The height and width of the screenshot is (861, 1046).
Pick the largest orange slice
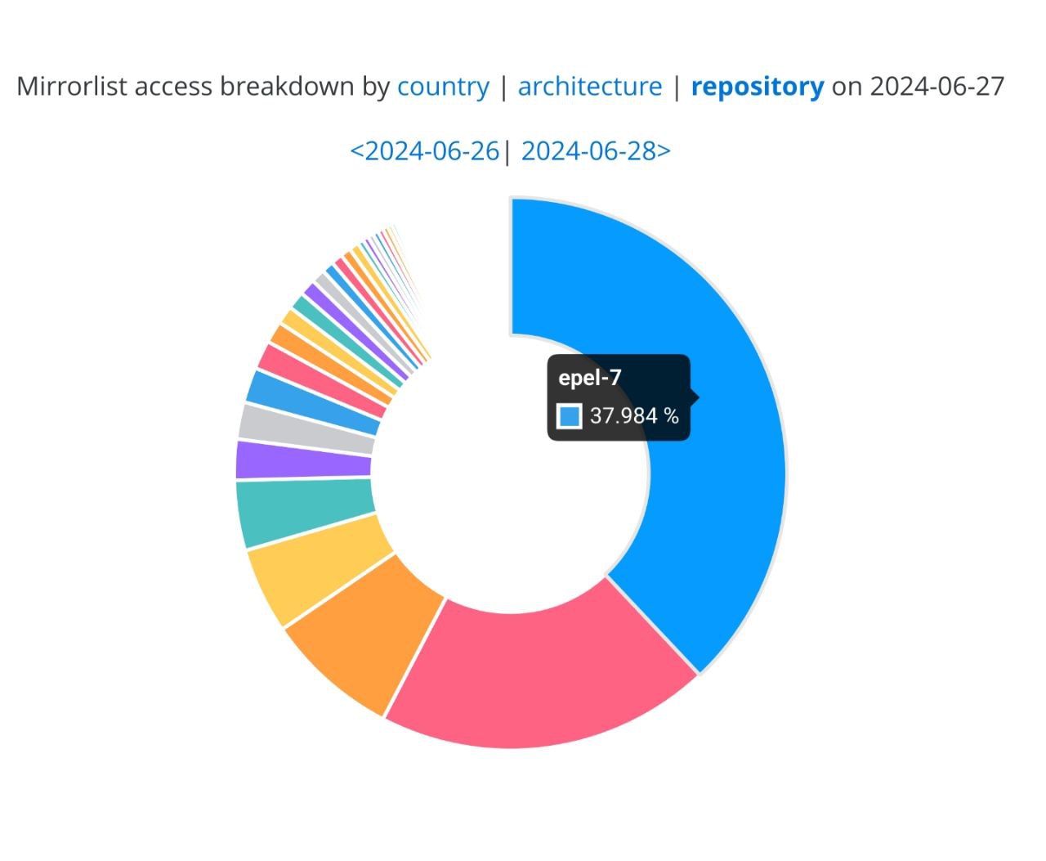(x=368, y=630)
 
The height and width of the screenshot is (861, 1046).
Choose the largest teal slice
(x=302, y=511)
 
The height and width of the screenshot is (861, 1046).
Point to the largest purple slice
(x=302, y=460)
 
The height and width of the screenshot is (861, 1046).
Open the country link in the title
(x=443, y=87)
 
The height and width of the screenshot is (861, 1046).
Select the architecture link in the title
(x=590, y=87)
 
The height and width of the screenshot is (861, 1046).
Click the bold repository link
(x=758, y=87)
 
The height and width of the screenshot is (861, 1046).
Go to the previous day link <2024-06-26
(x=424, y=151)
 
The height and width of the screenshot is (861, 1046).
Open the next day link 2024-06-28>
(x=596, y=151)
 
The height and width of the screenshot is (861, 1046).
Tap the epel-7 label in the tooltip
(x=590, y=378)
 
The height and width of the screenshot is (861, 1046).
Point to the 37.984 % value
(x=634, y=416)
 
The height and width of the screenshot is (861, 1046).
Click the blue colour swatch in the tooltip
(x=570, y=416)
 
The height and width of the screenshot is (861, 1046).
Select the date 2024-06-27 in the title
(x=936, y=87)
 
